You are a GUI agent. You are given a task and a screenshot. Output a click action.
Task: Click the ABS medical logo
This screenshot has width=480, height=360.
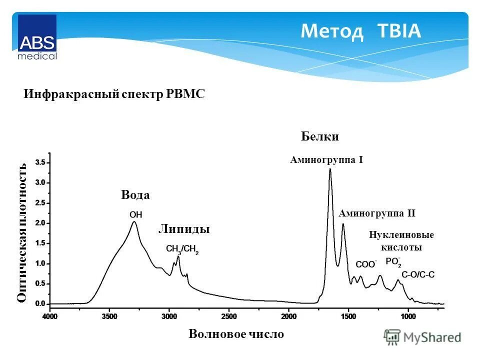[x=37, y=37]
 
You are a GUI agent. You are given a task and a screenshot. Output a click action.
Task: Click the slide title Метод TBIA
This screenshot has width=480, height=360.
[x=360, y=32]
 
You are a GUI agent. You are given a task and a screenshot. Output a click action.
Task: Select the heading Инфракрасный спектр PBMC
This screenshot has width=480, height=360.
[x=114, y=94]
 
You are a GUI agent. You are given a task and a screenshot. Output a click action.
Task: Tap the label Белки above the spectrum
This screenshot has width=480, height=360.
[x=320, y=136]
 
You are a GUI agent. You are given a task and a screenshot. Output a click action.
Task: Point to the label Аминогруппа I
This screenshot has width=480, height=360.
[x=326, y=160]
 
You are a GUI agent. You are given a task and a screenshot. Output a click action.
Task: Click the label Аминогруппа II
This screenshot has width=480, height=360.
[x=377, y=213]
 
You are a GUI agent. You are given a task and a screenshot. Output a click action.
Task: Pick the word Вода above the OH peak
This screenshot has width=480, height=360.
[x=135, y=195]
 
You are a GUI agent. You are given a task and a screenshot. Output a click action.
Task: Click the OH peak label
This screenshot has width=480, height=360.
[x=135, y=214]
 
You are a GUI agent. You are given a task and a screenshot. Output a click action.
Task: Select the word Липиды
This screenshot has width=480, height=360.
[x=183, y=229]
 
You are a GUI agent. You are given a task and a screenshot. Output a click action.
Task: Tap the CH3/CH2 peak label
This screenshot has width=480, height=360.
[x=182, y=249]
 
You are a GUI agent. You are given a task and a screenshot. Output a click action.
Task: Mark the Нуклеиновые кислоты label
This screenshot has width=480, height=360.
[x=401, y=241]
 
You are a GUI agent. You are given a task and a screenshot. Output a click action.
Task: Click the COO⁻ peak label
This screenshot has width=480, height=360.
[x=365, y=264]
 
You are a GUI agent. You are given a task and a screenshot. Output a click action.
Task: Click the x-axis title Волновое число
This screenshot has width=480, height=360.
[x=236, y=334]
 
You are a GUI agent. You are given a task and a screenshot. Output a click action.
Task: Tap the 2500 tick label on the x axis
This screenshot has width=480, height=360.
[x=228, y=316]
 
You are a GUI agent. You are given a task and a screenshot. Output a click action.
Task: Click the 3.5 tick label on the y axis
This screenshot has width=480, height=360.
[x=40, y=162]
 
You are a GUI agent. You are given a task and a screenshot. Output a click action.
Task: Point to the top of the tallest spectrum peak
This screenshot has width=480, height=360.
[x=330, y=169]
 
